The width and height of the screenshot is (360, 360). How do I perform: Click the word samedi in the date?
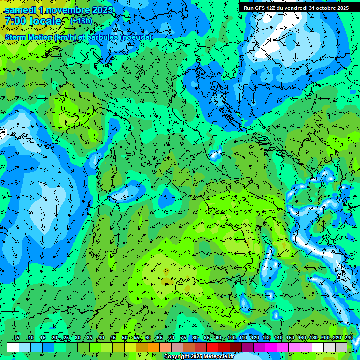click(x=19, y=9)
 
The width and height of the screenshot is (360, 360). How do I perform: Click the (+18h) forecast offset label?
click(x=81, y=21)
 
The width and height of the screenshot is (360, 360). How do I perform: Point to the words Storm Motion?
click(x=29, y=37)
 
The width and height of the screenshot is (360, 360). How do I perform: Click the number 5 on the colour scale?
click(x=18, y=338)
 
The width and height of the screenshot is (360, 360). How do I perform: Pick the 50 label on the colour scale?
click(x=124, y=338)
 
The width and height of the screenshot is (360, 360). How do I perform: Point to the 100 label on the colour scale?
click(x=231, y=338)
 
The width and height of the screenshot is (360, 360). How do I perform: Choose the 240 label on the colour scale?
click(x=349, y=338)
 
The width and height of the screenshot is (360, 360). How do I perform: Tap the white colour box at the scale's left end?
click(x=13, y=347)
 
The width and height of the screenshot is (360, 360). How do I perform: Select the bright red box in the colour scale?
click(x=212, y=347)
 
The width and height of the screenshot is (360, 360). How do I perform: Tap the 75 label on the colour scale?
click(x=183, y=338)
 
